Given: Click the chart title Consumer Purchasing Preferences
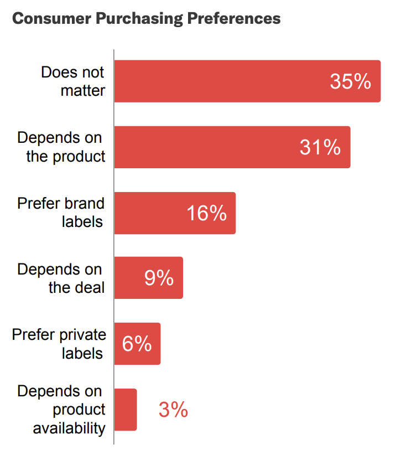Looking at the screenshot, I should [x=146, y=18].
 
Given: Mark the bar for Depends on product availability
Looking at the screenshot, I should [x=126, y=410].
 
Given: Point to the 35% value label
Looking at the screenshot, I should [x=350, y=81].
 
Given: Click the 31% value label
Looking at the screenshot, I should [x=320, y=147].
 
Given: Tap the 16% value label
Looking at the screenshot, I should [x=206, y=213].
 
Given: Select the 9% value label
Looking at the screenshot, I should [x=159, y=278].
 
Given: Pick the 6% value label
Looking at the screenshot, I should [x=137, y=344].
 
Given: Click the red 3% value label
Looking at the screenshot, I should [x=173, y=410].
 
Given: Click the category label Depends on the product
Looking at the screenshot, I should [x=61, y=147].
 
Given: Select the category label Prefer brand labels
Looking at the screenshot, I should [x=61, y=213].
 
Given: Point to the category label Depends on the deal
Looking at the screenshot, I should [x=61, y=278].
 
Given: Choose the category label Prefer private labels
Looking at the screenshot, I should [x=59, y=344].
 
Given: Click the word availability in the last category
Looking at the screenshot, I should [x=69, y=428].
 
